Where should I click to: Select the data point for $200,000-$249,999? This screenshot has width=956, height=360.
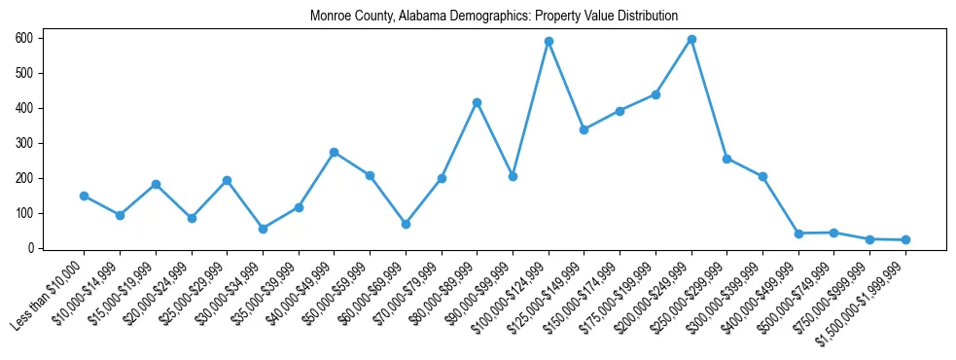click(x=691, y=39)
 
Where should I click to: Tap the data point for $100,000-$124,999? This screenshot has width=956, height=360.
click(x=549, y=41)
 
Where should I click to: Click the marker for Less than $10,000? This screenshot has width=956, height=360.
click(x=84, y=196)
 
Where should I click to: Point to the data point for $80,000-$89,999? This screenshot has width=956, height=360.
click(x=477, y=102)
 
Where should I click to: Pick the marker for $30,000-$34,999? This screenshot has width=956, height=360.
click(x=263, y=229)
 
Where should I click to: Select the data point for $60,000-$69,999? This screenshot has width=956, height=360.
click(x=406, y=224)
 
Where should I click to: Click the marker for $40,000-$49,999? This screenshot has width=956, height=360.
click(x=334, y=152)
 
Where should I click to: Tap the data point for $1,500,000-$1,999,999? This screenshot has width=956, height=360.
click(x=905, y=239)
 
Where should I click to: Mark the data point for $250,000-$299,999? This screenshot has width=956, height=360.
click(x=726, y=159)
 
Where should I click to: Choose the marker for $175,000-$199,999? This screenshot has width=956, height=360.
click(x=655, y=94)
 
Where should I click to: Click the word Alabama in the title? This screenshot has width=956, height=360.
click(x=425, y=17)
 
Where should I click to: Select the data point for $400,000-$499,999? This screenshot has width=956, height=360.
click(x=798, y=234)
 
